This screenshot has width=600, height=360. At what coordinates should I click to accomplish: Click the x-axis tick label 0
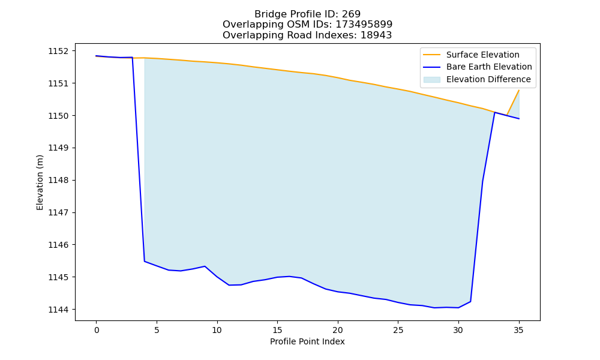97,330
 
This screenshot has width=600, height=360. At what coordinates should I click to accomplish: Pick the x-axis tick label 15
277,330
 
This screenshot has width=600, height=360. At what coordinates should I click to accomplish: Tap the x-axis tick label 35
518,330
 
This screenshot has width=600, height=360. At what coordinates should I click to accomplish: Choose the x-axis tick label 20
338,330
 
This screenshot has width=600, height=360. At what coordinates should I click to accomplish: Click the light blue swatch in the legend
431,80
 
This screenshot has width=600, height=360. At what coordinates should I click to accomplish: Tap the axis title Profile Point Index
307,341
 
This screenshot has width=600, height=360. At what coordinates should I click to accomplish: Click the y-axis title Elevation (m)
40,182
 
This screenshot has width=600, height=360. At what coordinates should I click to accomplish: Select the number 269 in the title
351,14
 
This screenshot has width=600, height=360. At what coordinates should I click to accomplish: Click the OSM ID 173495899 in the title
364,25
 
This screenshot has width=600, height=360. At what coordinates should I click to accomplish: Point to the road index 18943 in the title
376,35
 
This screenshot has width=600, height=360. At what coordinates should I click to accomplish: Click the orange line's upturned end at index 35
519,90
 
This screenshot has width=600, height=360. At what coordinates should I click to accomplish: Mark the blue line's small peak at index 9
205,266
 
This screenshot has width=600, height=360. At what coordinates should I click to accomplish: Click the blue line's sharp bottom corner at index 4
144,261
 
